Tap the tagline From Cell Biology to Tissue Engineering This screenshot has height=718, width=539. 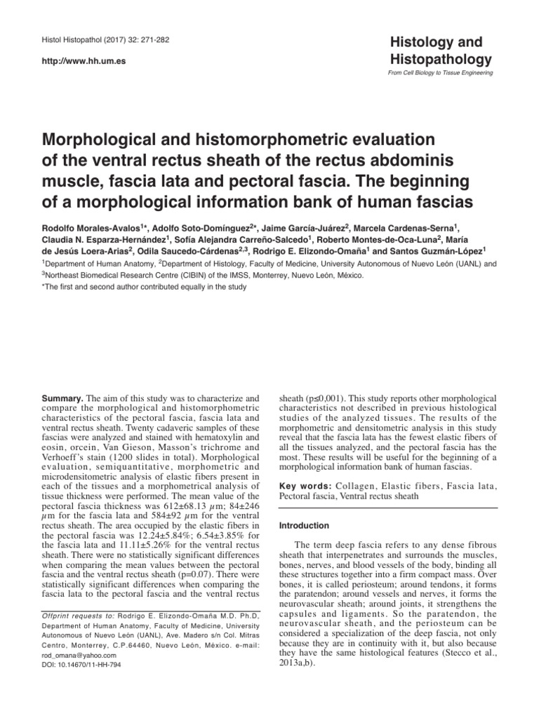click(x=440, y=73)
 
